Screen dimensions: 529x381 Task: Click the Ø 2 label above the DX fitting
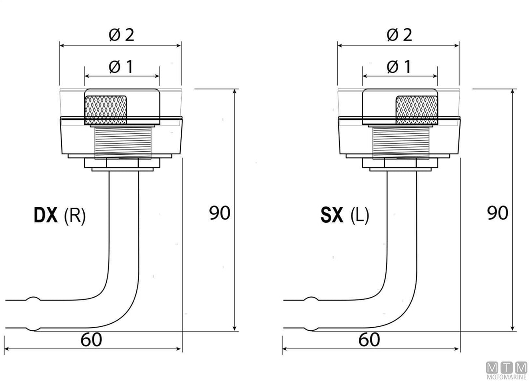pyautogui.click(x=121, y=35)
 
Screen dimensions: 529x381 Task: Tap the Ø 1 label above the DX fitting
pyautogui.click(x=121, y=67)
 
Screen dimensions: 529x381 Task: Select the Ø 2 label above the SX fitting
pyautogui.click(x=399, y=35)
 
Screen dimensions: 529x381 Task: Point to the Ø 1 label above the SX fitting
pyautogui.click(x=399, y=67)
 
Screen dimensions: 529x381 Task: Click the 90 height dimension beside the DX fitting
pyautogui.click(x=220, y=213)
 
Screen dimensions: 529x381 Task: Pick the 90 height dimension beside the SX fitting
pyautogui.click(x=498, y=213)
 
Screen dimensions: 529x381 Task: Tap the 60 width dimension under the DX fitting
pyautogui.click(x=91, y=340)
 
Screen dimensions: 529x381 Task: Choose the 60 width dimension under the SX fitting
pyautogui.click(x=369, y=340)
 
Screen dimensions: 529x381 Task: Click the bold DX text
pyautogui.click(x=46, y=215)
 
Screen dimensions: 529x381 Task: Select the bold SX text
pyautogui.click(x=332, y=215)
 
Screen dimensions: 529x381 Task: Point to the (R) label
pyautogui.click(x=75, y=216)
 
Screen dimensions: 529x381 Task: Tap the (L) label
pyautogui.click(x=360, y=216)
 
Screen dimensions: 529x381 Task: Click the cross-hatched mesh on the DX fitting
pyautogui.click(x=105, y=110)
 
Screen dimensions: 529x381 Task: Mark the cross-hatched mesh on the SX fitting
pyautogui.click(x=417, y=110)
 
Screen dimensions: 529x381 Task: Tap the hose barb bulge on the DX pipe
pyautogui.click(x=34, y=314)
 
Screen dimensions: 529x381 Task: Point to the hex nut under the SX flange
pyautogui.click(x=400, y=163)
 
